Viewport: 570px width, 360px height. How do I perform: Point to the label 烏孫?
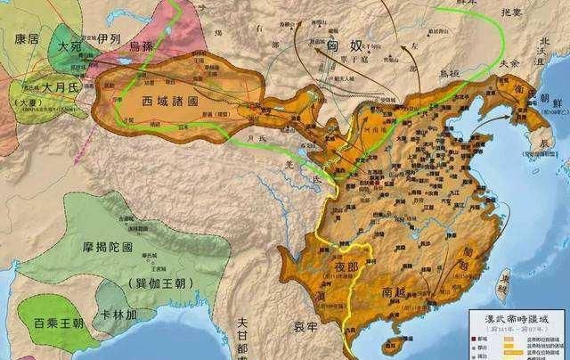[x=146, y=43]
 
